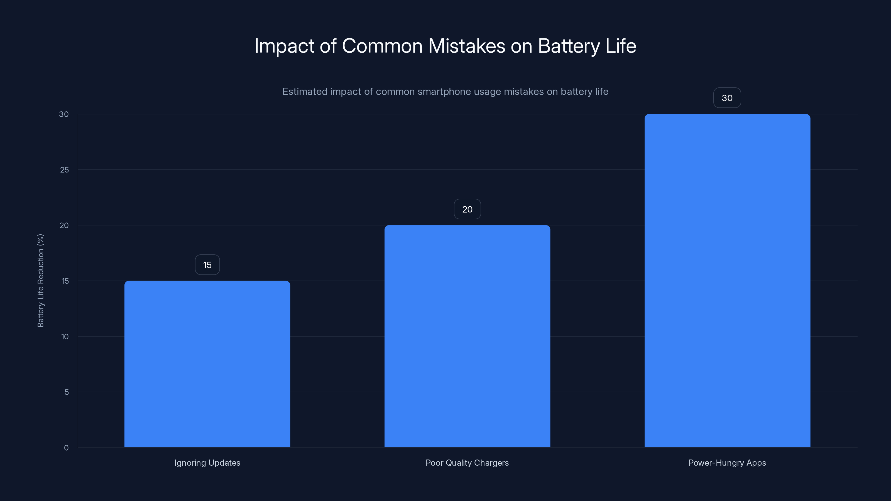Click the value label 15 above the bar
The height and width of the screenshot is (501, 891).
[207, 265]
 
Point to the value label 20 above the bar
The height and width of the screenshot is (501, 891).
[467, 209]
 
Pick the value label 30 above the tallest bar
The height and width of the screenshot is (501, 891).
[727, 98]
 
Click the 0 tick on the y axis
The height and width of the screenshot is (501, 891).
[66, 448]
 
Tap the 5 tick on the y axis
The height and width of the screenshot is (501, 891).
[67, 392]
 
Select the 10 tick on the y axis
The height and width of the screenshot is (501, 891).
[65, 337]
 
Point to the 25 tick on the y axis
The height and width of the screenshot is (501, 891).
[64, 170]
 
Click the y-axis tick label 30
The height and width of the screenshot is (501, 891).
[64, 114]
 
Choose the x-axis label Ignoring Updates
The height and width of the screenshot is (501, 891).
[207, 463]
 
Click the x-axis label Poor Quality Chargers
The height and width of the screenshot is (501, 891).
[467, 463]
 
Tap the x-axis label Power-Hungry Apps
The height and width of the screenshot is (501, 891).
[727, 463]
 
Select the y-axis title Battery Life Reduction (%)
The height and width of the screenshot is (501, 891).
[40, 280]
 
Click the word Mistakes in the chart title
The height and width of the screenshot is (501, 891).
[467, 46]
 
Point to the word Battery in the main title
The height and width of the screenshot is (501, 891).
[569, 46]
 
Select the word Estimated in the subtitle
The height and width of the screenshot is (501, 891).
[304, 92]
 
